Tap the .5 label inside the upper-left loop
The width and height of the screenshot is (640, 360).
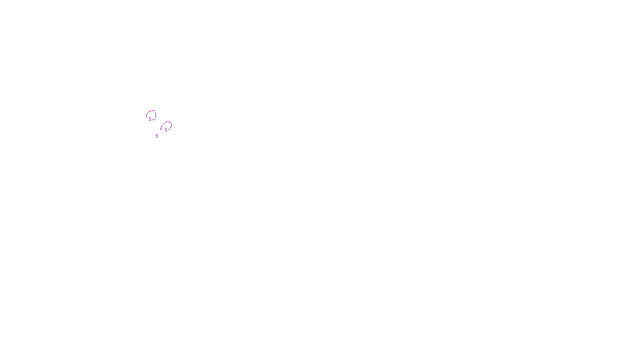click(150, 119)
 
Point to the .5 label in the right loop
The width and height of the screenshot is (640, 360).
click(166, 130)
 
